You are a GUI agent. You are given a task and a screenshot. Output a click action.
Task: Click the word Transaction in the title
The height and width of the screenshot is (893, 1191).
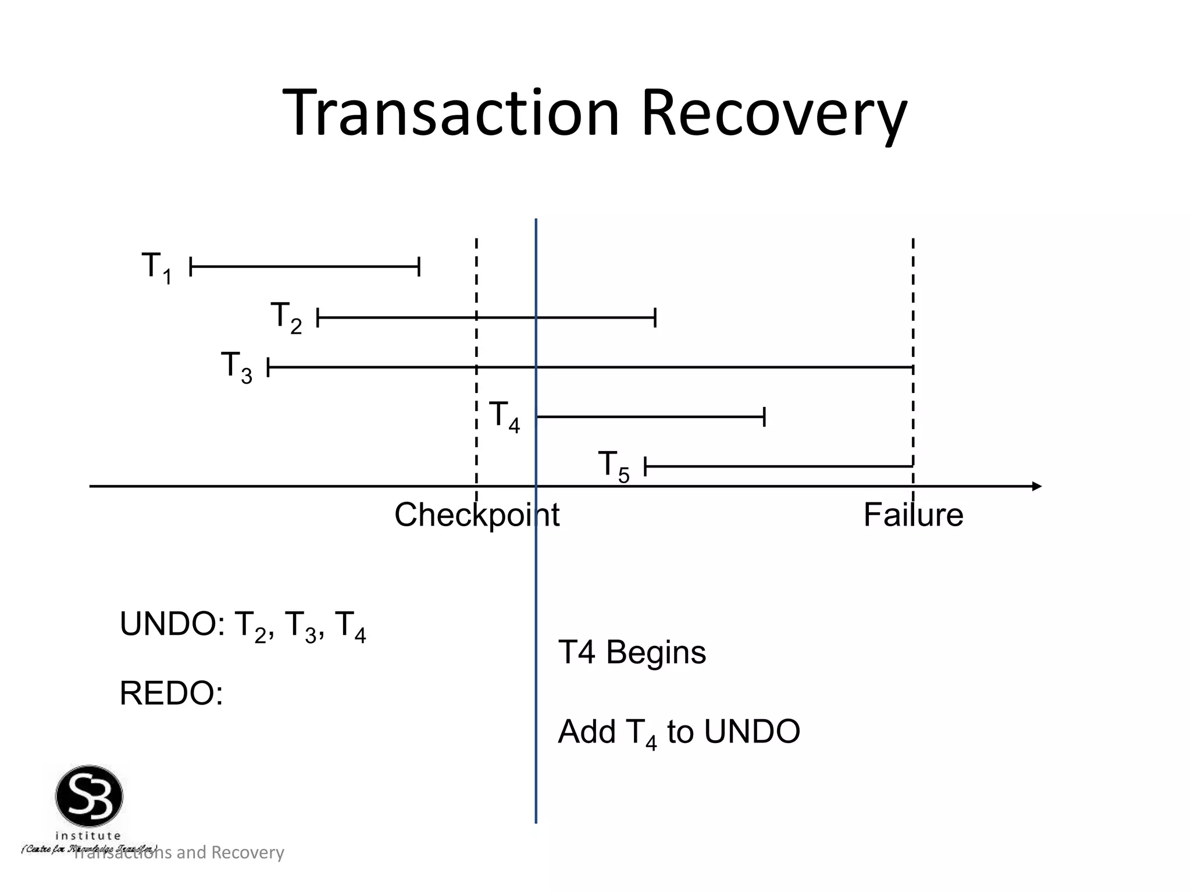click(451, 113)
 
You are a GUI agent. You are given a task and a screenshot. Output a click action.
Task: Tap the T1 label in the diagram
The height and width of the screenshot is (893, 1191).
click(156, 267)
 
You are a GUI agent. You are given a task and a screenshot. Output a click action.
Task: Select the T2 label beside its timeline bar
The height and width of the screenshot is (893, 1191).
click(286, 317)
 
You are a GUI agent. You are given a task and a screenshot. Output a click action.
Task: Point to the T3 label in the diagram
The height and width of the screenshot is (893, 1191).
click(236, 367)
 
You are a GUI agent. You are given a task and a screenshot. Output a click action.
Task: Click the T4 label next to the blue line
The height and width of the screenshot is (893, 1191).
click(504, 416)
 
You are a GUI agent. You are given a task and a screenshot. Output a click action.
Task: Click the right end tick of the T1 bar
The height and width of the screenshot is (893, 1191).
click(419, 267)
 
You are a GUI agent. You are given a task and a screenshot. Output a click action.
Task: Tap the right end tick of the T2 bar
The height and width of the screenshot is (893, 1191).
click(655, 318)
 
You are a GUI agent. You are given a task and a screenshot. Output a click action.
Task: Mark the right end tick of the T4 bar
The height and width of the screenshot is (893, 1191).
click(764, 417)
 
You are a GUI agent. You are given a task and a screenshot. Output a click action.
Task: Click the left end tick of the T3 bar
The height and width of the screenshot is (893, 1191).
click(268, 367)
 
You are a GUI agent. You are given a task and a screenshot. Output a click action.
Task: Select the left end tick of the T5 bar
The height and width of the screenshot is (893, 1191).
click(646, 466)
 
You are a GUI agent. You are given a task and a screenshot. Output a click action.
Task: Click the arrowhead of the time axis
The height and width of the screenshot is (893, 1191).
click(1036, 486)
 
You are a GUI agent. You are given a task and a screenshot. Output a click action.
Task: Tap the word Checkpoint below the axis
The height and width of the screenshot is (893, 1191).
click(477, 515)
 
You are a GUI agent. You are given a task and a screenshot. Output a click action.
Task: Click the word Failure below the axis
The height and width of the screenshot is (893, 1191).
click(913, 515)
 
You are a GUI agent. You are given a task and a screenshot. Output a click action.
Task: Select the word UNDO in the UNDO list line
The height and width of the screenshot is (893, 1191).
click(167, 625)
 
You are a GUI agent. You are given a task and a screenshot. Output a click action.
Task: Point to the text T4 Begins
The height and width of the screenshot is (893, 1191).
click(632, 652)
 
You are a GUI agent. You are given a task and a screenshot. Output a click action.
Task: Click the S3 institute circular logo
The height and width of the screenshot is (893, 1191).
click(89, 796)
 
